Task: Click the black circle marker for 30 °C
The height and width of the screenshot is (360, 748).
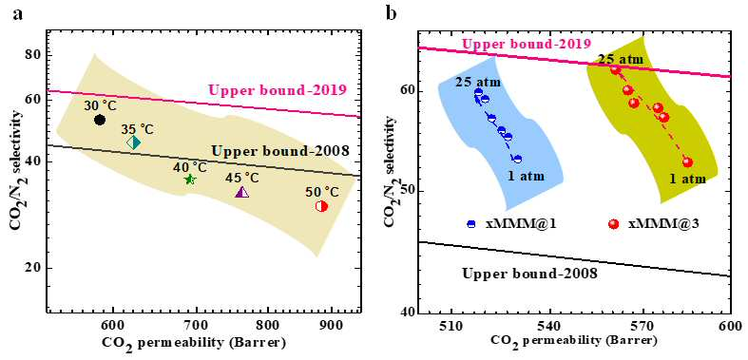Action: pos(100,120)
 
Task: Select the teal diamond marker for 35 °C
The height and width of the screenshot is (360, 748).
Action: pos(134,142)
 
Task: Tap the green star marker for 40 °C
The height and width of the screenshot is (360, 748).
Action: pos(190,180)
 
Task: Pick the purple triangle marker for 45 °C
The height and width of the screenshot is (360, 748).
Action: pos(242,192)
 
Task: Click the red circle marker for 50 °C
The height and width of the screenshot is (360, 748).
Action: pos(321,206)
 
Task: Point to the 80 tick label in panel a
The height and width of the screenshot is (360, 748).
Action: pos(33,54)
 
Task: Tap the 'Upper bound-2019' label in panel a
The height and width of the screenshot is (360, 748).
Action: pos(278,89)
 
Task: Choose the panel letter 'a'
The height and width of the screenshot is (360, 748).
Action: pos(18,14)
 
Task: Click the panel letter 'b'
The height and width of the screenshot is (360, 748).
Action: pos(392,13)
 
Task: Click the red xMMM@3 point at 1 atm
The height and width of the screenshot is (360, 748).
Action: pos(687,162)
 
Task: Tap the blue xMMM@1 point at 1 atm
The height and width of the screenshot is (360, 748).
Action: pos(518,159)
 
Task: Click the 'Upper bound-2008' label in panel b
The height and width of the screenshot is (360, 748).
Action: pos(530,274)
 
